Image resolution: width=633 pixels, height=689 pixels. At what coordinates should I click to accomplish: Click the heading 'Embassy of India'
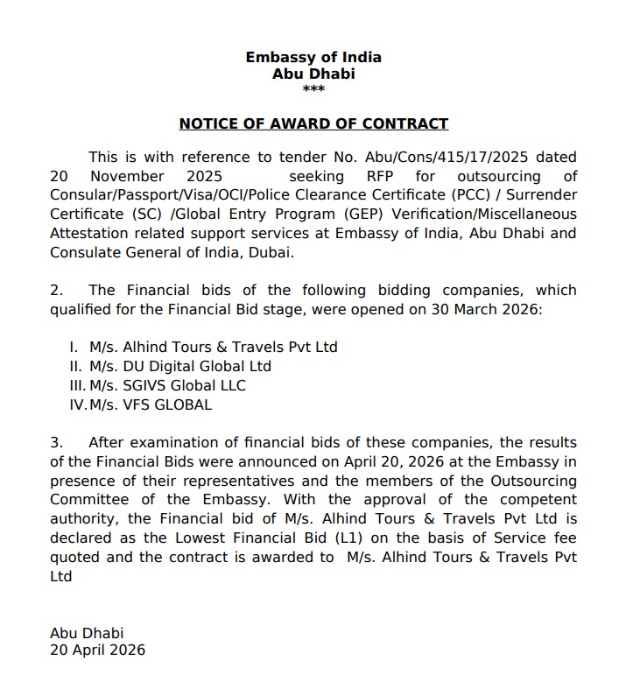point(313,58)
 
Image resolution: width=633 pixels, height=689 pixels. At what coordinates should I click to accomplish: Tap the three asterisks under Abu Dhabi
point(313,90)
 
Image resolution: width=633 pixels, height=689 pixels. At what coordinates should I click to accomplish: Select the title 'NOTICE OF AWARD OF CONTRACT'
point(313,124)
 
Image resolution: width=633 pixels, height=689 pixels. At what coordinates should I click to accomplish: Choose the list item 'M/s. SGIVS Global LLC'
point(167,385)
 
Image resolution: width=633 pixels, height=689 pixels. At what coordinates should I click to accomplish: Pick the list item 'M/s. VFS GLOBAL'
point(151,404)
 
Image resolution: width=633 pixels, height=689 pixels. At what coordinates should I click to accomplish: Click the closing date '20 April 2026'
point(97,650)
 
